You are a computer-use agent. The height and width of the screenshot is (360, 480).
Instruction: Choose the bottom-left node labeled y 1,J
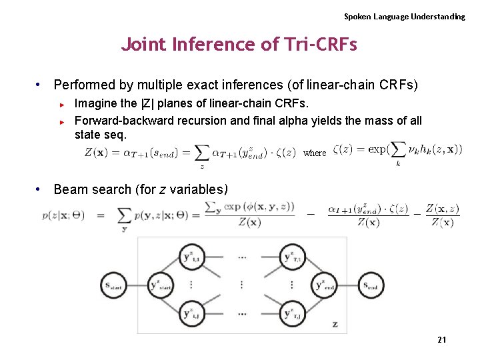[193, 313]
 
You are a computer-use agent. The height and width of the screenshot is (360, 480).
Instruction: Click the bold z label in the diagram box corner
[335, 325]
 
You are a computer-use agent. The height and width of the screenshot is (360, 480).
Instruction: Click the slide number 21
[441, 340]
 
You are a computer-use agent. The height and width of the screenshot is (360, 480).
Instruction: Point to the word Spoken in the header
[358, 16]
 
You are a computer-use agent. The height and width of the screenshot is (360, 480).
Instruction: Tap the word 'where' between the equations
[315, 153]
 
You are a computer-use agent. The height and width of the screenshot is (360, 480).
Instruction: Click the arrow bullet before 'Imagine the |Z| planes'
[61, 105]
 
